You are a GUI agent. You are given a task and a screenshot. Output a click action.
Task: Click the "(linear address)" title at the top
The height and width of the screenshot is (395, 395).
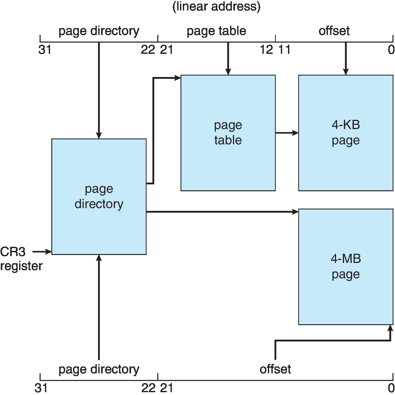(216, 6)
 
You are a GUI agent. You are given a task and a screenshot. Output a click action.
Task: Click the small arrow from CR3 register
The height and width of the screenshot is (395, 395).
(42, 252)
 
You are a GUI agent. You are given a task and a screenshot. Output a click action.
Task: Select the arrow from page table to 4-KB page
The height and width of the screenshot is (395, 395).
(287, 133)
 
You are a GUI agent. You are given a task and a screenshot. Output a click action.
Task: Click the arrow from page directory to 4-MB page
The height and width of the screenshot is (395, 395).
(222, 212)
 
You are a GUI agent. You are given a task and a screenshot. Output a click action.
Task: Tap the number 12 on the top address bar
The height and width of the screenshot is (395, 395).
(266, 50)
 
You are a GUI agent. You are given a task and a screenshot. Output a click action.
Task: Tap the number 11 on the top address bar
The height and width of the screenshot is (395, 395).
(284, 50)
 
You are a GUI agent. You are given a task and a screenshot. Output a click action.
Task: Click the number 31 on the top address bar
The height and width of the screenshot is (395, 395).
(45, 50)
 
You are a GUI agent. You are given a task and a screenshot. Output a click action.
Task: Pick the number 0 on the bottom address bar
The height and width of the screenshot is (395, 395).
(391, 388)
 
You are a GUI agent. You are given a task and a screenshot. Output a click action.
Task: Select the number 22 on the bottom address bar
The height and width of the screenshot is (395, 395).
(148, 388)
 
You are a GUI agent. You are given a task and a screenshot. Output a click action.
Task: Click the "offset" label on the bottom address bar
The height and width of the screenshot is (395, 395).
(275, 369)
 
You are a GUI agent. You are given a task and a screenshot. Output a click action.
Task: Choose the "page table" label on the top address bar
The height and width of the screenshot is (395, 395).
(216, 31)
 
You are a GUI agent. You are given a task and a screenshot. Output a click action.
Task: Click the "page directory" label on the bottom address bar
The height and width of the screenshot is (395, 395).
(99, 369)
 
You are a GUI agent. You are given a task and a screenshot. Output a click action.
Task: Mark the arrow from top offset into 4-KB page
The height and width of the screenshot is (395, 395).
(345, 59)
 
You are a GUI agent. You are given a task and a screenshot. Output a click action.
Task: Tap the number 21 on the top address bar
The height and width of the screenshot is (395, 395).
(166, 50)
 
